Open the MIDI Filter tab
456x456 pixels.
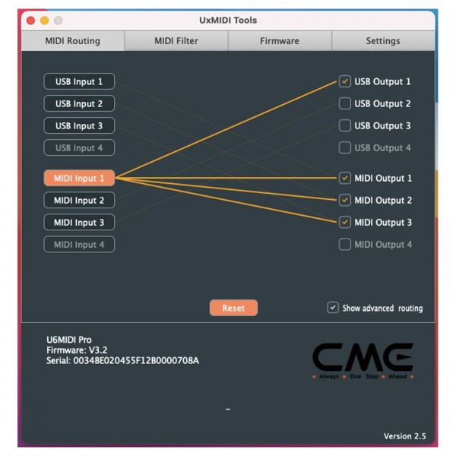[x=176, y=41]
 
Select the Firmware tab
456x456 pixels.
[x=280, y=41]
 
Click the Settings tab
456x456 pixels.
[x=383, y=41]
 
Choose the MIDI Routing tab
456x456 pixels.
[x=73, y=41]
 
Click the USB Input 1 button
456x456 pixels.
[x=79, y=81]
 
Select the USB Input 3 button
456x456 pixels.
[x=79, y=125]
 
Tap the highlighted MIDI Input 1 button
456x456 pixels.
[x=79, y=178]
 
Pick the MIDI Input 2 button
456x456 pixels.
[x=79, y=200]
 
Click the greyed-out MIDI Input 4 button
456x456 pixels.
[x=79, y=244]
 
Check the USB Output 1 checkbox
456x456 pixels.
[x=345, y=81]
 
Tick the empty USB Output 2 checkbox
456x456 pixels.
[x=345, y=103]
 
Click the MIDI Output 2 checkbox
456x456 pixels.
[x=345, y=200]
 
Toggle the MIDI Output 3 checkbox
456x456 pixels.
[x=345, y=222]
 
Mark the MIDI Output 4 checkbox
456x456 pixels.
[x=345, y=244]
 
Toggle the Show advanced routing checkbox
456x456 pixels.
[x=333, y=308]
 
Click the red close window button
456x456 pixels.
[x=31, y=21]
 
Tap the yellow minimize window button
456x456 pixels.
[x=45, y=21]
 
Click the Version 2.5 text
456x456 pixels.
[x=404, y=436]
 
